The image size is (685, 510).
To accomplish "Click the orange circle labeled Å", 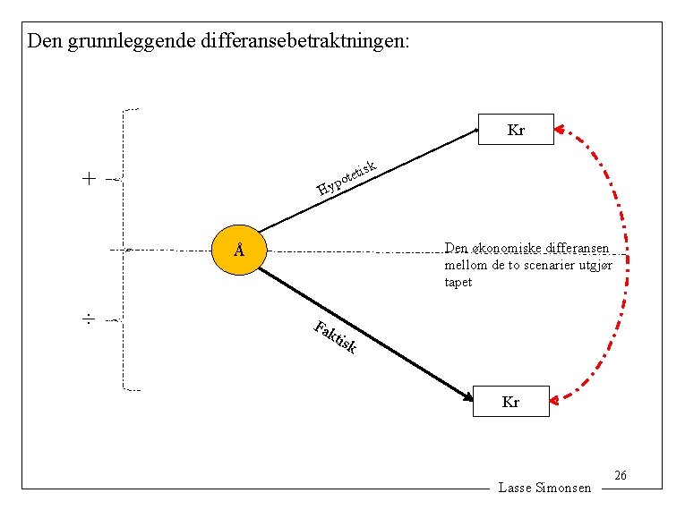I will pos(239,250).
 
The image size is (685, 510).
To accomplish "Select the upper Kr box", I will pos(516,131).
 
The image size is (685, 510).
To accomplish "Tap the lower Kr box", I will pos(510,402).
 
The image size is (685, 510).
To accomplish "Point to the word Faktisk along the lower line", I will pos(337,336).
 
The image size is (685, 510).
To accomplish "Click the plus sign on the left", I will pos(89,179).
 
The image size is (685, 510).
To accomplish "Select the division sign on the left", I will pos(89,319).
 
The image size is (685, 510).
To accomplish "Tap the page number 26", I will pos(621,475).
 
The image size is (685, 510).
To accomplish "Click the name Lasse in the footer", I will pos(515,488).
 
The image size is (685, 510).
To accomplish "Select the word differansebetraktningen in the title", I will pos(303,41).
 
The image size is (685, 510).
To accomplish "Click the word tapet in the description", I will pos(458,283).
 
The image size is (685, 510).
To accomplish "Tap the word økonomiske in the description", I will pos(503,248).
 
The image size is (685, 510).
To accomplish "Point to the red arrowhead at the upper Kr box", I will pos(560,131).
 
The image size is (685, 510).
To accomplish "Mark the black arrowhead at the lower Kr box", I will pos(467,396).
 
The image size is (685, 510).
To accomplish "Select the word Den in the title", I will pos(42,41).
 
